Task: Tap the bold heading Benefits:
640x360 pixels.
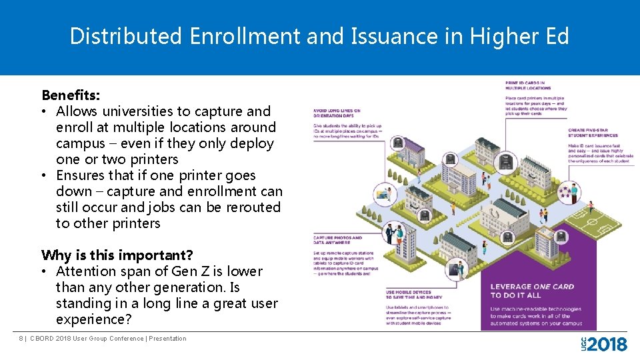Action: [71, 95]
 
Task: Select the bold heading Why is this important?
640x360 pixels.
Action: [117, 255]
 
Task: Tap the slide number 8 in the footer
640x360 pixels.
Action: [21, 339]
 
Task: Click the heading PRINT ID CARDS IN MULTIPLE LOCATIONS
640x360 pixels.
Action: [529, 85]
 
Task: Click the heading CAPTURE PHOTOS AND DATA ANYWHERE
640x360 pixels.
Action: [337, 240]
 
